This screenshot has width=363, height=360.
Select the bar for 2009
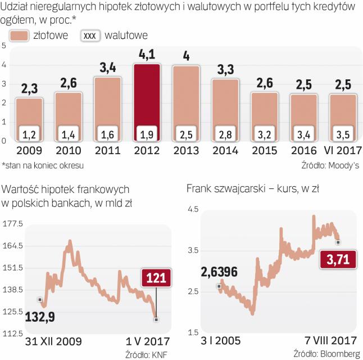29,112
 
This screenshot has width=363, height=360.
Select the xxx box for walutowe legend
90,35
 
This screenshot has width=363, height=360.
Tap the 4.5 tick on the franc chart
193,209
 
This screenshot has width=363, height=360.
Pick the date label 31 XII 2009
54,340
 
